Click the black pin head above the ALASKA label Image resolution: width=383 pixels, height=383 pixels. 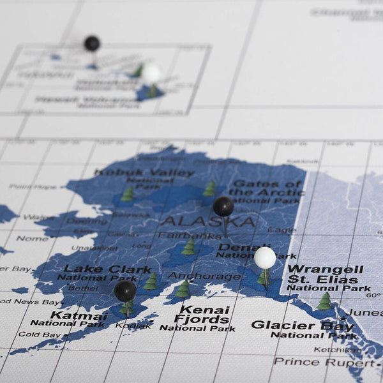pos(223,206)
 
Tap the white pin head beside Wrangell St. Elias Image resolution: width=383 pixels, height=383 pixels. pos(265,257)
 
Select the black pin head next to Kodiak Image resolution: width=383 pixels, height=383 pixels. pos(125,291)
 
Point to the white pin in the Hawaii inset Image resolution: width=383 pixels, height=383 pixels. pos(151,73)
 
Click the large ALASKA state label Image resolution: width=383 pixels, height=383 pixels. pos(207,222)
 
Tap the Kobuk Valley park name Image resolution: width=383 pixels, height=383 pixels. pos(144,173)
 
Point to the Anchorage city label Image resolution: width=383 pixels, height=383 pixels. pos(204,276)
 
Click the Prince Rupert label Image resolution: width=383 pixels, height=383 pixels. pos(323,361)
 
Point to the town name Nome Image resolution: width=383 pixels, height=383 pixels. pos(33,239)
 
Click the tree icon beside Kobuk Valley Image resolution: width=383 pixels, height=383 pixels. pos(128,194)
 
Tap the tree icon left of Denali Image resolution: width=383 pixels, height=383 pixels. pos(189,247)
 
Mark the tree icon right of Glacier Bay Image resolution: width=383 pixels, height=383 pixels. pos(325,301)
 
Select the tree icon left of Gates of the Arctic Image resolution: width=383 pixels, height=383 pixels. pos(209,189)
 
